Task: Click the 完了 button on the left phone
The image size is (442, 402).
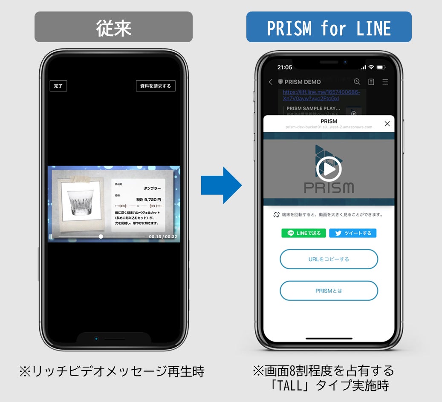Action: tap(58, 86)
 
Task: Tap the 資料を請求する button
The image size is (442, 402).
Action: tap(156, 86)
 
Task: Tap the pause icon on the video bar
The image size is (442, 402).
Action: tap(51, 237)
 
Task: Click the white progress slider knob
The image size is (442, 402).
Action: tap(101, 237)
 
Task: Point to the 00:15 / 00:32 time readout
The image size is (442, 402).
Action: tap(163, 237)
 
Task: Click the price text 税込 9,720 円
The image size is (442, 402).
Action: tap(148, 200)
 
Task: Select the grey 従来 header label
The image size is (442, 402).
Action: tap(113, 27)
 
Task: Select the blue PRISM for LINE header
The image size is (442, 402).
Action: tap(329, 27)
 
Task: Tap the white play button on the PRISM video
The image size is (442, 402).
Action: tap(329, 169)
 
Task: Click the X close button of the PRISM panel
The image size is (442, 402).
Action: tap(387, 124)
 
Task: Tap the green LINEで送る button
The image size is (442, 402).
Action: tap(304, 233)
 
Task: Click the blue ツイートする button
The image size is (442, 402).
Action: tap(352, 233)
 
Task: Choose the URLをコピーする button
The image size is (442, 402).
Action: tap(329, 259)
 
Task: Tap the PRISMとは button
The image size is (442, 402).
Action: tap(329, 291)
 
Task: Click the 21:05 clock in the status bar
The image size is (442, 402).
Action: tap(285, 67)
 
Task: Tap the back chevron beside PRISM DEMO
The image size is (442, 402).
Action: tap(270, 82)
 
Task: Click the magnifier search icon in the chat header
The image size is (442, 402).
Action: tap(357, 82)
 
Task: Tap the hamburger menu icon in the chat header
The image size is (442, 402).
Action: tap(385, 82)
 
